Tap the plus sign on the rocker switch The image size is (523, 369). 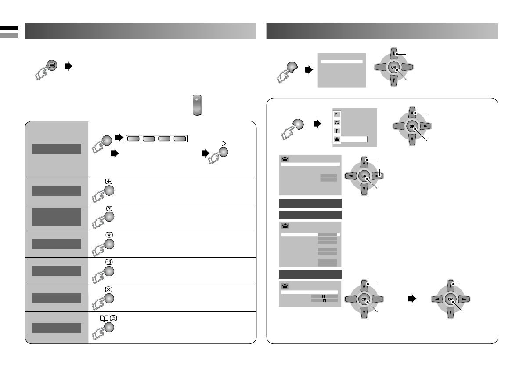197,100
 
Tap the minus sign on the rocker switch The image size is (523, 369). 197,112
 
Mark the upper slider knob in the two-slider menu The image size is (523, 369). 323,297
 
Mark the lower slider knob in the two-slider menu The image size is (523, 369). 325,301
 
